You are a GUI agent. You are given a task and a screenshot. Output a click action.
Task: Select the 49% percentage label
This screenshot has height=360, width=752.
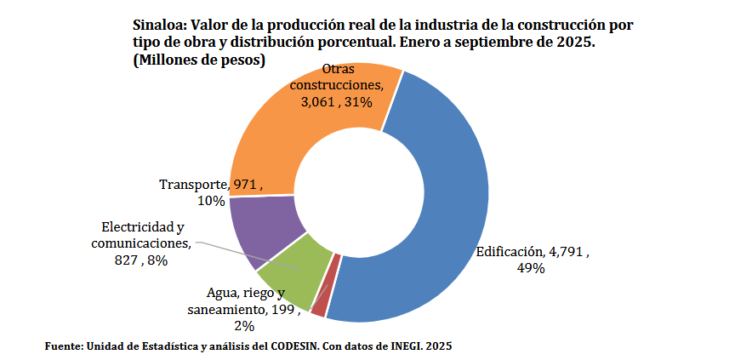(532, 268)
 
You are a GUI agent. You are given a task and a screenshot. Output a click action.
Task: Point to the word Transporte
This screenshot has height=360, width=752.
(193, 185)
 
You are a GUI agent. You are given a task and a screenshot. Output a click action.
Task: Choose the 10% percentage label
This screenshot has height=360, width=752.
(211, 201)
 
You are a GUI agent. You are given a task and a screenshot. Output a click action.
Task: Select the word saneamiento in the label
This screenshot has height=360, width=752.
(224, 310)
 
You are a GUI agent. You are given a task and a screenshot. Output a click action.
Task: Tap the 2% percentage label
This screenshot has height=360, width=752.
(244, 326)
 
